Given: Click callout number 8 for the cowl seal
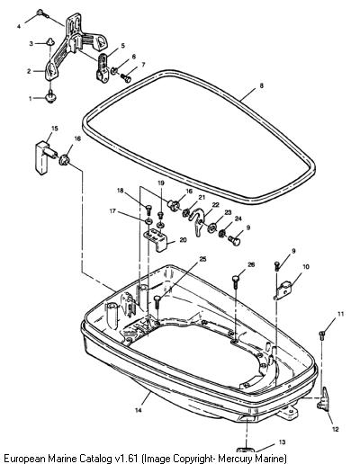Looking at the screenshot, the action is pos(262,85).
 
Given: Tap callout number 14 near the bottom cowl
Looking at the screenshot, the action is pos(138,410).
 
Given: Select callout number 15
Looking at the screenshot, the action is pos(55,129).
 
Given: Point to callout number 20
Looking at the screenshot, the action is pos(183,240).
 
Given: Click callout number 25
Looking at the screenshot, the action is pos(203,259).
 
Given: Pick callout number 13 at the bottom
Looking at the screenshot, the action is pos(282,442).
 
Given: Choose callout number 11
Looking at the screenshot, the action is pos(340,314).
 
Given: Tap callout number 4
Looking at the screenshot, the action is pos(19,27).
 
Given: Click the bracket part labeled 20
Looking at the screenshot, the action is pos(156,239).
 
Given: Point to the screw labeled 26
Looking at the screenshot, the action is pos(236,282).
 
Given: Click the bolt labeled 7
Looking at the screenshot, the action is pos(126,78).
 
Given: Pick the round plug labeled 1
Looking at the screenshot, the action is pos(50,97).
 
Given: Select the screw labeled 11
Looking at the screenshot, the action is pos(321,335).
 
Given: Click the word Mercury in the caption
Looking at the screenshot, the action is pos(235,459).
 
